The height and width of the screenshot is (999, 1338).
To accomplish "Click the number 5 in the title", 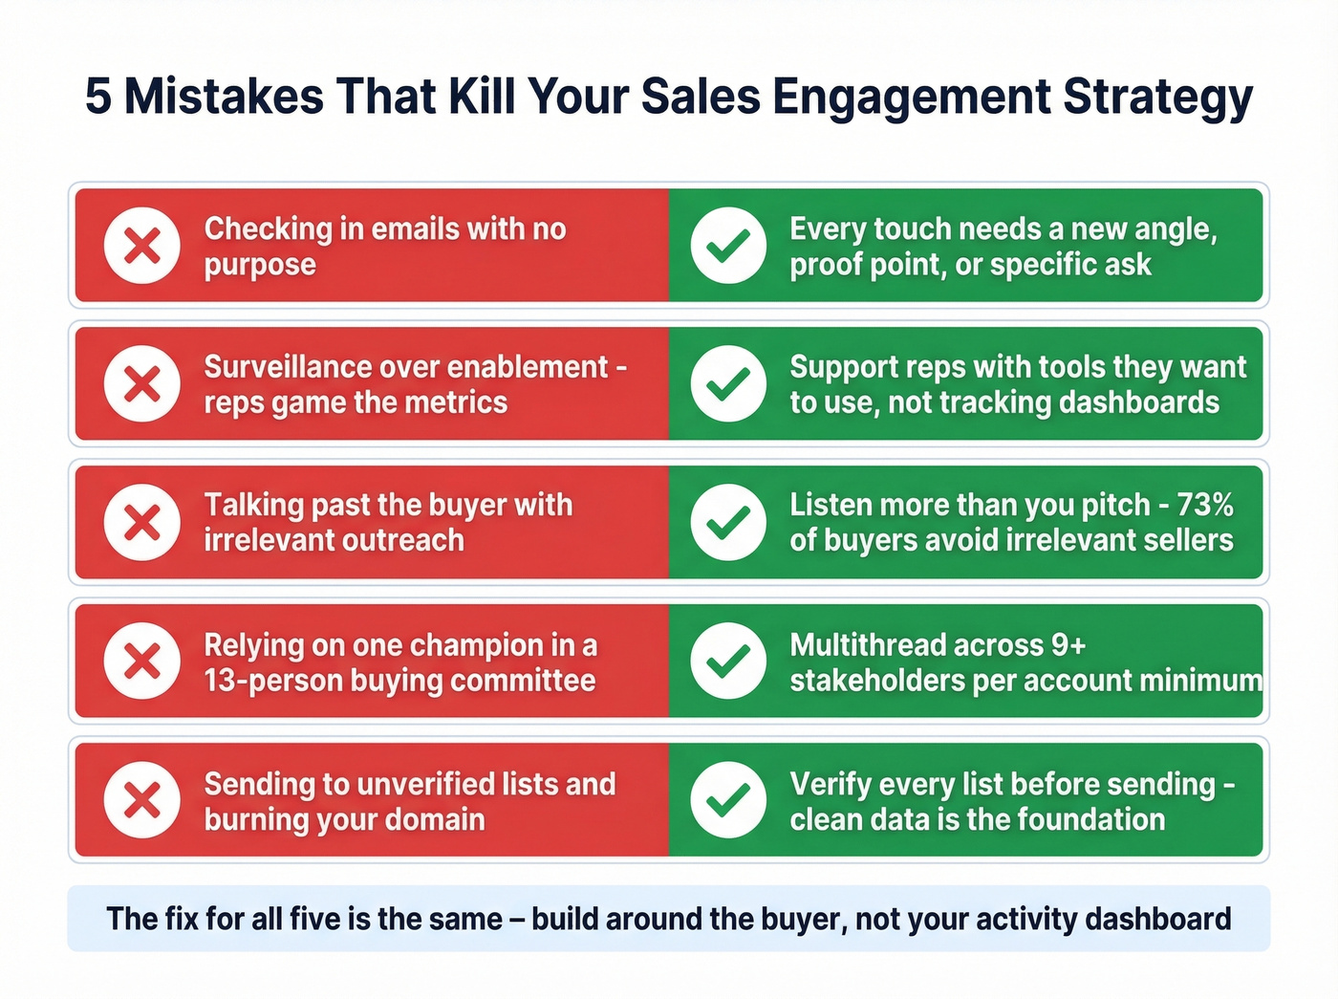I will [97, 97].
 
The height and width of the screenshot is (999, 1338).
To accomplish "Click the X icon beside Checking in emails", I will [142, 246].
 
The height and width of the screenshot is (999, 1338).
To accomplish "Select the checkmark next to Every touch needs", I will [728, 246].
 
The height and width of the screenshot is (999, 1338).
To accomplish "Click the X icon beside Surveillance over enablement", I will [142, 384].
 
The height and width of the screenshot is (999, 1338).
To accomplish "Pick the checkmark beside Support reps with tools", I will [728, 384].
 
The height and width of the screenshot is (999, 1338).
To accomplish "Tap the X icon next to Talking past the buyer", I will [142, 523].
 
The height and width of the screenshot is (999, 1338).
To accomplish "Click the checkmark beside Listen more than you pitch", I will [728, 523].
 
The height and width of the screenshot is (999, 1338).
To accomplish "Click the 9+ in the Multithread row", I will [1068, 645].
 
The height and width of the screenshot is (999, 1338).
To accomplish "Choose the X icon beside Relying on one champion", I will [142, 662].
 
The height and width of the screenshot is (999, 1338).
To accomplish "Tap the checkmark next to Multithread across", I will [728, 662].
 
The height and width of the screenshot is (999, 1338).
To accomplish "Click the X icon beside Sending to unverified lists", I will [142, 800].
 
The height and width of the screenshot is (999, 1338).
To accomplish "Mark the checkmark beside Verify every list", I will [728, 800].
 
